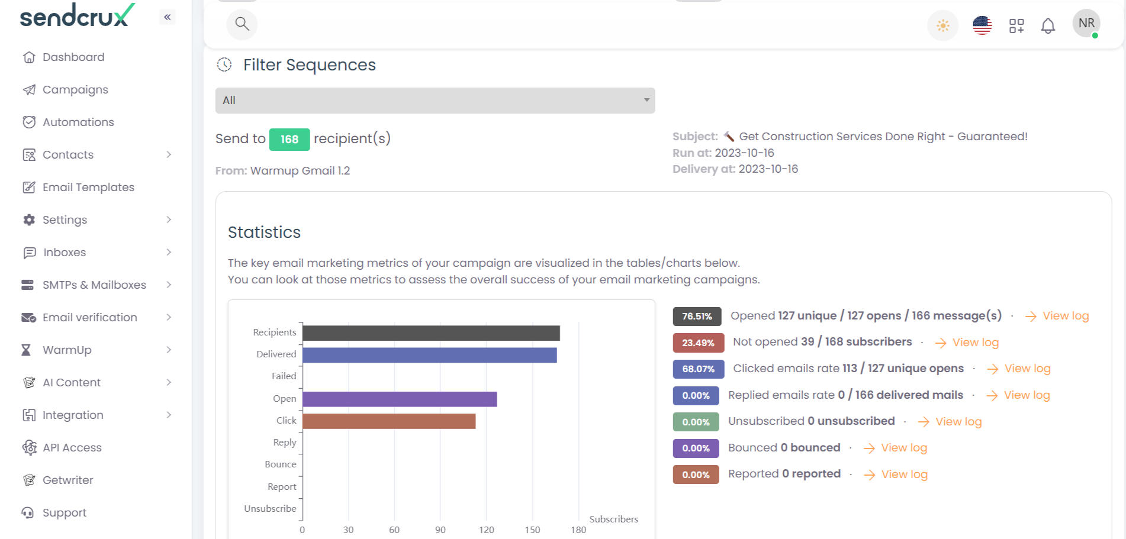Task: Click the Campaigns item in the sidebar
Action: click(75, 90)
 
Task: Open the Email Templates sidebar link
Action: click(88, 188)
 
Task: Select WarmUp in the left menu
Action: click(67, 350)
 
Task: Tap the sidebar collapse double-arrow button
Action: click(168, 17)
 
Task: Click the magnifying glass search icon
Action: click(242, 24)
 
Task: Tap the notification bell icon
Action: click(1048, 26)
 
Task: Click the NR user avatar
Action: click(1086, 24)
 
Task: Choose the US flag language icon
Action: click(982, 25)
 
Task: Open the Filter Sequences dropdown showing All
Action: click(435, 101)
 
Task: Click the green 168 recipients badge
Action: click(289, 140)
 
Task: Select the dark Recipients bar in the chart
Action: click(430, 333)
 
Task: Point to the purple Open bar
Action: click(399, 399)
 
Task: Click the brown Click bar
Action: click(388, 421)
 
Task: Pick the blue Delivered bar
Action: click(429, 355)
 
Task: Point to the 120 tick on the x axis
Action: click(487, 530)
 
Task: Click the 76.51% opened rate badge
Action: click(697, 317)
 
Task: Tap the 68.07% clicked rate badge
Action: click(698, 369)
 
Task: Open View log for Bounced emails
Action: click(903, 448)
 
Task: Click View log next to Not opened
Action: click(974, 343)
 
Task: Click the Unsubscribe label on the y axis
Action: click(270, 509)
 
